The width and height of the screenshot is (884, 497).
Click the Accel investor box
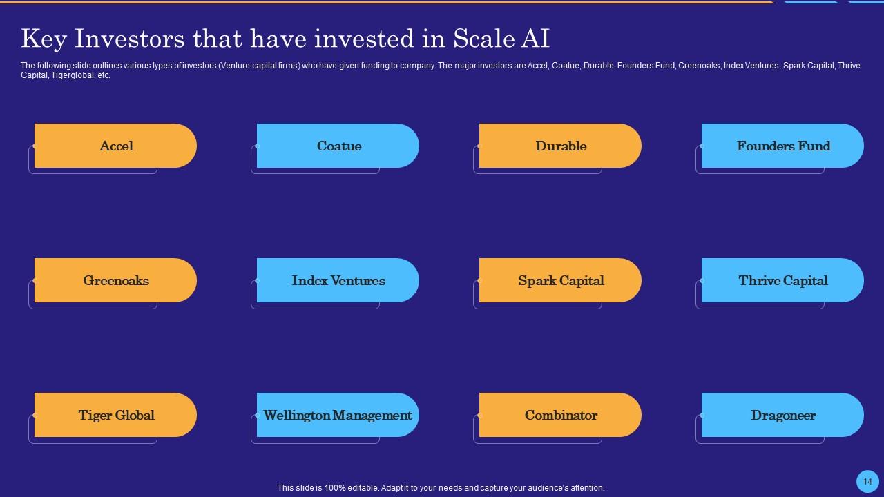click(115, 146)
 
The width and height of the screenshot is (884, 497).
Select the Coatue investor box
click(338, 146)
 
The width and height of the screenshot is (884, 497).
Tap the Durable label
click(561, 146)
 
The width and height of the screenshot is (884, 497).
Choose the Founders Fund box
click(782, 146)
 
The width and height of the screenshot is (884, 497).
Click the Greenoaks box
click(115, 280)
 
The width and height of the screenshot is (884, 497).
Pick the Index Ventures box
click(338, 280)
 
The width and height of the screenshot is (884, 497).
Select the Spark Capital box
click(560, 280)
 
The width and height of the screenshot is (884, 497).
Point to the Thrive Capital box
click(782, 280)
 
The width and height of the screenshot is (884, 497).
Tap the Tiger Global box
click(115, 415)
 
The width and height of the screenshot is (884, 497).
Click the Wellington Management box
click(338, 415)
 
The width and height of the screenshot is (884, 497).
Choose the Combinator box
click(560, 415)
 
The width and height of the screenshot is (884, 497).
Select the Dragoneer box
click(782, 415)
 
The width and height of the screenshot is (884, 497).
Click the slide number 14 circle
click(867, 482)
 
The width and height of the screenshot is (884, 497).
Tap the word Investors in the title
click(129, 39)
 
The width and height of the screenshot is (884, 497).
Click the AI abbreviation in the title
click(535, 39)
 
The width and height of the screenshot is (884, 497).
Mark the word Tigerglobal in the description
click(71, 75)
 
